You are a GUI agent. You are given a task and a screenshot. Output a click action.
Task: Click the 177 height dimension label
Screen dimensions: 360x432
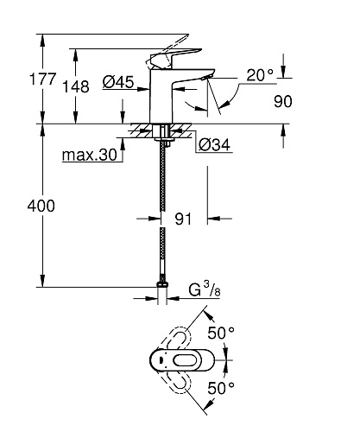tap(42, 79)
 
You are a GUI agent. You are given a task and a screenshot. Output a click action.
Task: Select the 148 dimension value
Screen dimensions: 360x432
tap(76, 87)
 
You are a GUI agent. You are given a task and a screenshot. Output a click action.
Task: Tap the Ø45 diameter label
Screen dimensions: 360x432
tap(118, 82)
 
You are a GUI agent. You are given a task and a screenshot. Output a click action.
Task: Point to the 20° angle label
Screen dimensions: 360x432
tap(260, 75)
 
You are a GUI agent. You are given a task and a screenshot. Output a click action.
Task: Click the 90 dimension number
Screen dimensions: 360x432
tap(283, 102)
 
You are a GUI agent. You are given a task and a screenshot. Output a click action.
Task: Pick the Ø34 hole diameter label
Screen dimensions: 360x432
tap(215, 144)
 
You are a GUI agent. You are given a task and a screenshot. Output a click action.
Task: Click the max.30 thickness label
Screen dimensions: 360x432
tap(90, 156)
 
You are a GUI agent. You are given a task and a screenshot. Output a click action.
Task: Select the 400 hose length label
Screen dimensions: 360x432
tap(41, 206)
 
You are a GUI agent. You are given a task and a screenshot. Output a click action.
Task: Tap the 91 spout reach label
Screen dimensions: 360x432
tap(183, 219)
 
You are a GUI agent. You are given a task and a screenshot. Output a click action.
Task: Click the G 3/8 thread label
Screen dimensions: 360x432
tap(205, 289)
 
